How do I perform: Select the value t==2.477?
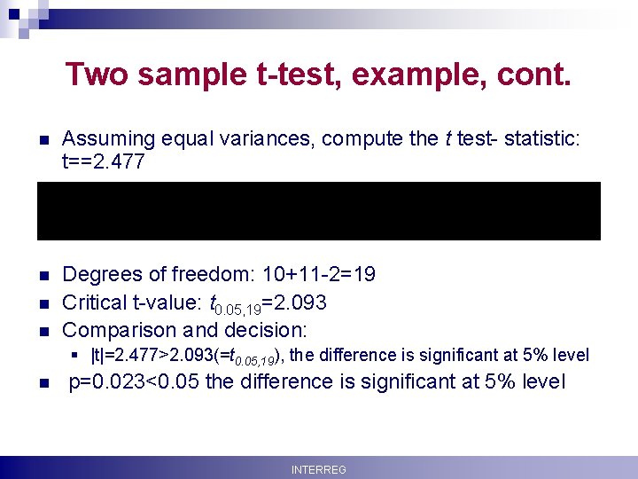click(110, 161)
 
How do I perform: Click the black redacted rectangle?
click(318, 211)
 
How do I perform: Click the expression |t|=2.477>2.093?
click(156, 356)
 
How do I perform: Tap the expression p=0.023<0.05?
click(144, 383)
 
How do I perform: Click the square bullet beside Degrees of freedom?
click(42, 276)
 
